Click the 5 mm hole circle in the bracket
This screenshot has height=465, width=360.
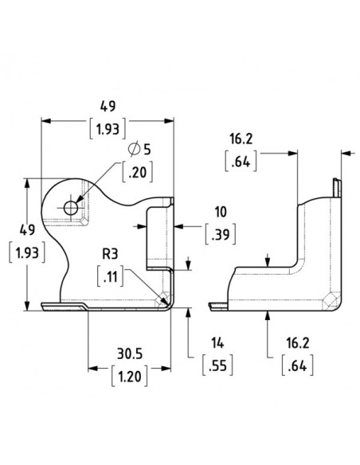[x=71, y=208]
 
